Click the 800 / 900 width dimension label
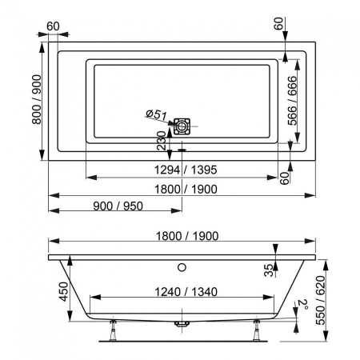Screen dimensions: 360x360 point(37,99)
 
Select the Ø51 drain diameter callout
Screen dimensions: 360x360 point(157,114)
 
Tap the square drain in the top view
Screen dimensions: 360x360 point(182,126)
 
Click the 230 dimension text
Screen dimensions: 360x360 point(162,141)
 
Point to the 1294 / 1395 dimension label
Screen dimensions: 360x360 point(186,170)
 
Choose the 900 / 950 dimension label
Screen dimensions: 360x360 point(118,206)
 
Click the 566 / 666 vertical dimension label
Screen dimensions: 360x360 point(292,101)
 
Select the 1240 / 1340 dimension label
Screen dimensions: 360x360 point(186,292)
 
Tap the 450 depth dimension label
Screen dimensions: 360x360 point(64,292)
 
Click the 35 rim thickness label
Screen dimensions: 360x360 point(269,270)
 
